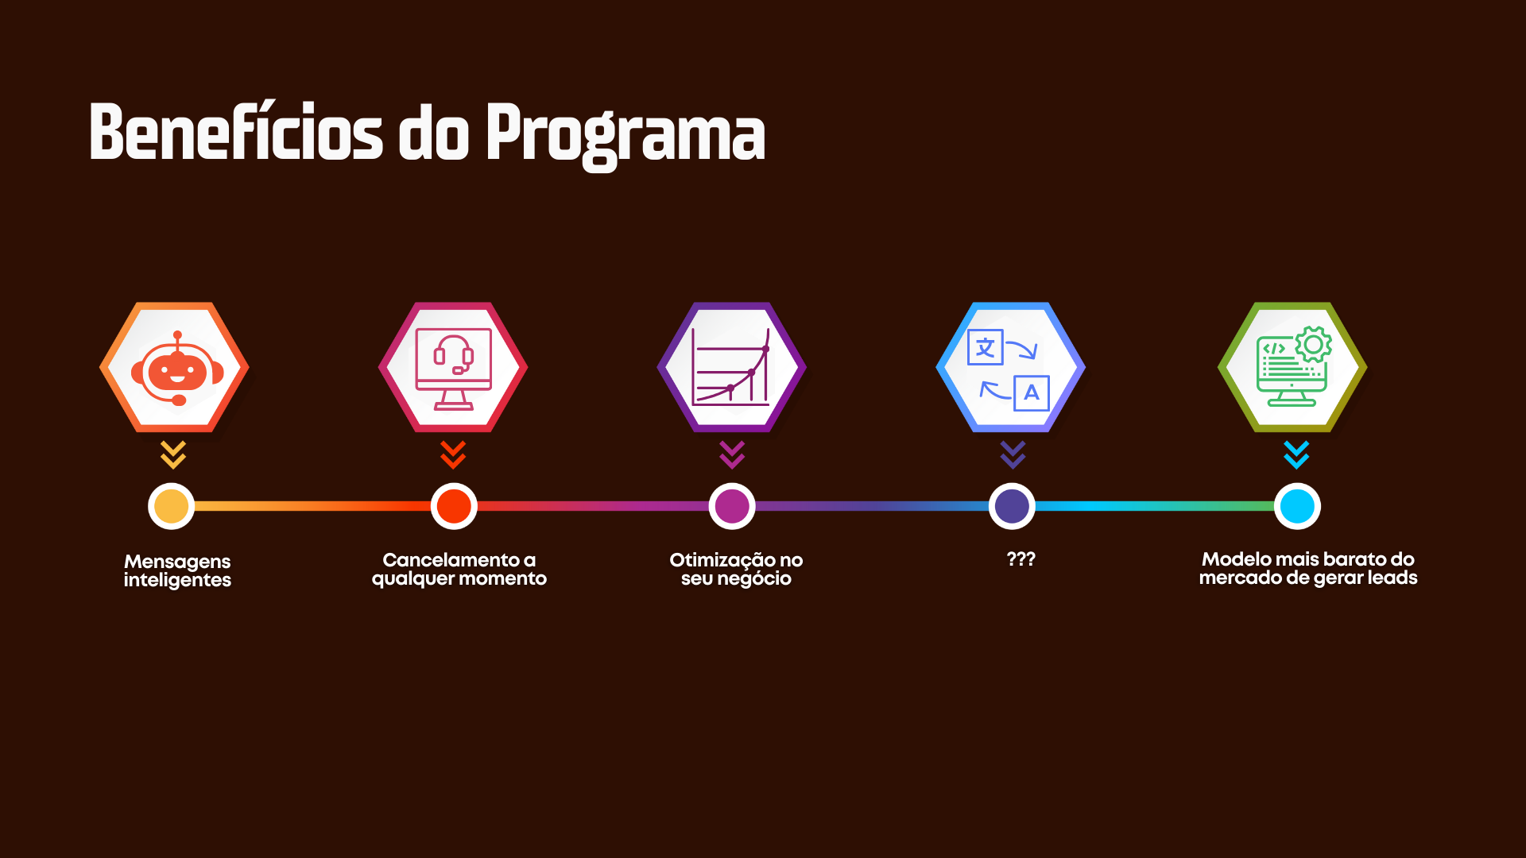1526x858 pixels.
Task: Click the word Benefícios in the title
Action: pos(236,132)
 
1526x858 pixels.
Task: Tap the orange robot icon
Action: pos(176,368)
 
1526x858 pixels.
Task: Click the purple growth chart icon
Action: pos(731,367)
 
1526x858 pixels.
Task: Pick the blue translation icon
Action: pos(1009,369)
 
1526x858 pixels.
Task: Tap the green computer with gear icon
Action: pos(1293,366)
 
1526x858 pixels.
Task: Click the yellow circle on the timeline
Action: pos(171,506)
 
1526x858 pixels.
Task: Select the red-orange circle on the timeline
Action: pos(454,506)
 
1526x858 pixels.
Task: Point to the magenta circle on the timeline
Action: pos(732,506)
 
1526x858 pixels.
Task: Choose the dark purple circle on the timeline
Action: pos(1012,506)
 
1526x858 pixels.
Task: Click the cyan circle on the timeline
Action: pos(1297,506)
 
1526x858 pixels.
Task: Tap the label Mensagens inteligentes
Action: pos(177,571)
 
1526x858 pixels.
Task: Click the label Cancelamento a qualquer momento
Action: pos(459,570)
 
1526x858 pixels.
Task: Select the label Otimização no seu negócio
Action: pos(736,570)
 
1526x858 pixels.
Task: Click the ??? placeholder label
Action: pos(1021,558)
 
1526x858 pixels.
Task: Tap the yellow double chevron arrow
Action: pos(173,455)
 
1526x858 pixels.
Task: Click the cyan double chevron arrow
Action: pos(1296,455)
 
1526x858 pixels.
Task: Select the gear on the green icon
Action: pos(1314,345)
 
